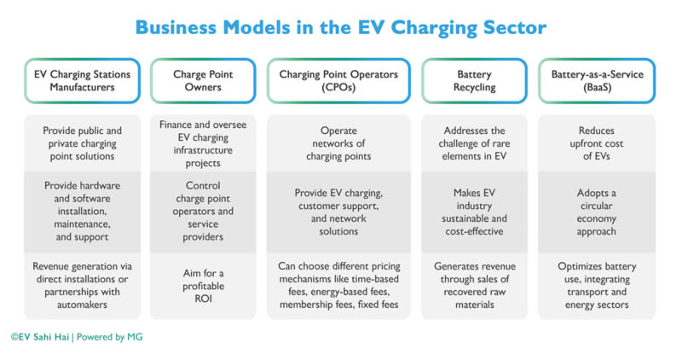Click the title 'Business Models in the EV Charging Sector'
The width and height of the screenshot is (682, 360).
click(x=340, y=27)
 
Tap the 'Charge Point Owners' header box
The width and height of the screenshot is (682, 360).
click(x=203, y=81)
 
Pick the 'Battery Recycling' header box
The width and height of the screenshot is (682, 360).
click(x=474, y=81)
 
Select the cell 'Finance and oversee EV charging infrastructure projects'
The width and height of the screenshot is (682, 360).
click(x=203, y=143)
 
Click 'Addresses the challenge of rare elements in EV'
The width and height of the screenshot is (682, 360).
click(x=474, y=143)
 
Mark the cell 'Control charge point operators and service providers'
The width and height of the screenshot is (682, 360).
click(x=203, y=212)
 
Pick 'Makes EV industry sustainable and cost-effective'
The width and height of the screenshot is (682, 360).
click(x=474, y=212)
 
